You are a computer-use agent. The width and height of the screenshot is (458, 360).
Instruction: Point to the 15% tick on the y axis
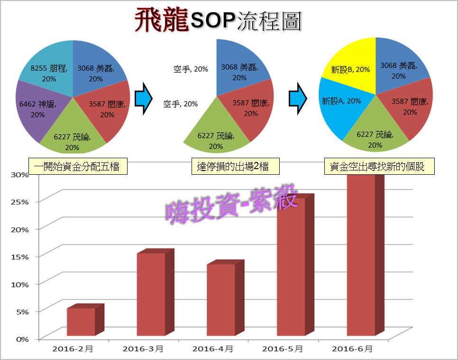21,256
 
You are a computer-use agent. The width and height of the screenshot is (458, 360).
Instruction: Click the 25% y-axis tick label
21,201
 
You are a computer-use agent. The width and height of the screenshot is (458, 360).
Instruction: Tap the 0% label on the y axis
23,339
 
